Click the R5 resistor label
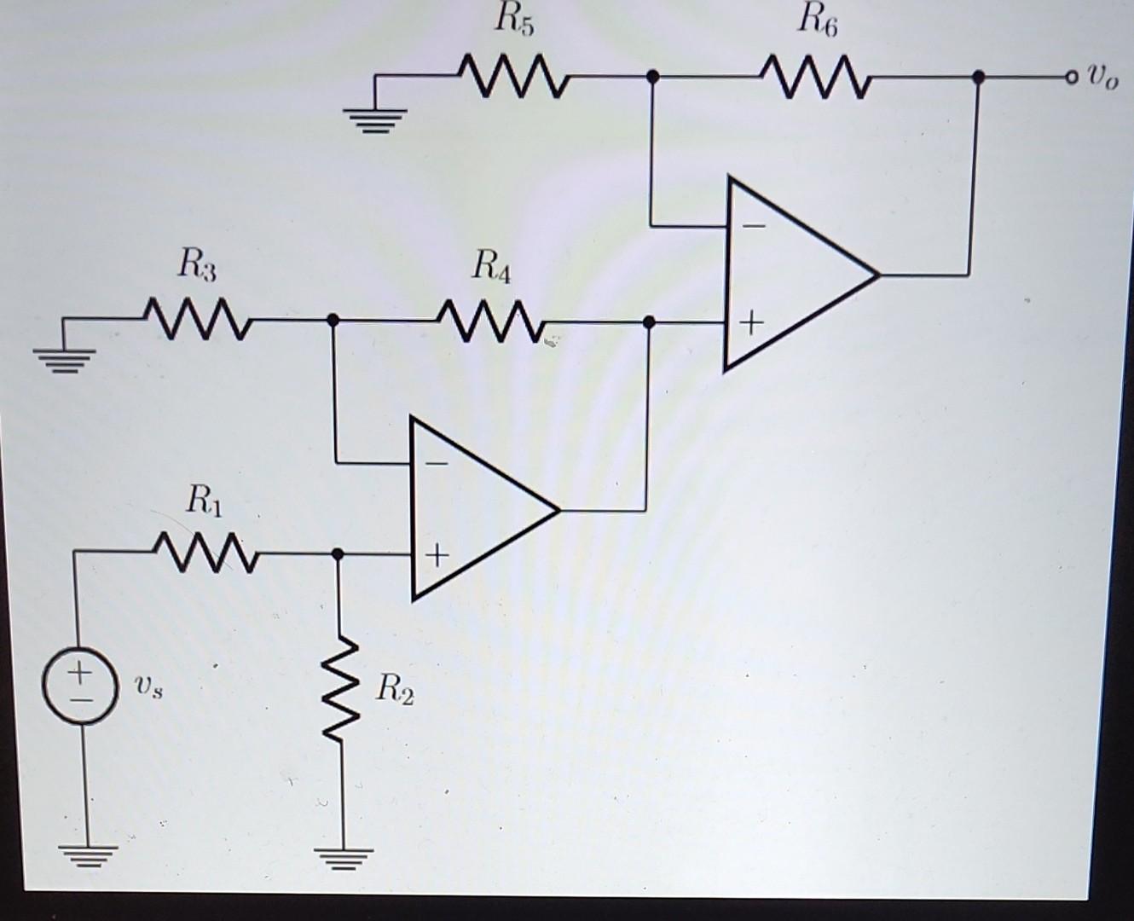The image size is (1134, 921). pyautogui.click(x=514, y=20)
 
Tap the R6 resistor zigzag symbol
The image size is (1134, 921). pyautogui.click(x=815, y=75)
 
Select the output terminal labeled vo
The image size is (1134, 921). pyautogui.click(x=1071, y=78)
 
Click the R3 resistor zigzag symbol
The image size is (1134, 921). pyautogui.click(x=197, y=319)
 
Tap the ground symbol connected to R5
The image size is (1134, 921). pyautogui.click(x=375, y=119)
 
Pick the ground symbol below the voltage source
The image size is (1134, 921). pyautogui.click(x=88, y=854)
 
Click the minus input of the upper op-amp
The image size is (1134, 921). pyautogui.click(x=752, y=226)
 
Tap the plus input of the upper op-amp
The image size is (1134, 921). pyautogui.click(x=751, y=323)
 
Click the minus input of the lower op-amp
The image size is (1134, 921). pyautogui.click(x=436, y=463)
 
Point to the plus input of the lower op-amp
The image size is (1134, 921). pyautogui.click(x=436, y=556)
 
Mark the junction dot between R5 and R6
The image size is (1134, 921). pyautogui.click(x=652, y=77)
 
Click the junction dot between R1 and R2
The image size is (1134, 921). pyautogui.click(x=338, y=554)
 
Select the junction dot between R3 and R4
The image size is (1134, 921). pyautogui.click(x=333, y=320)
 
